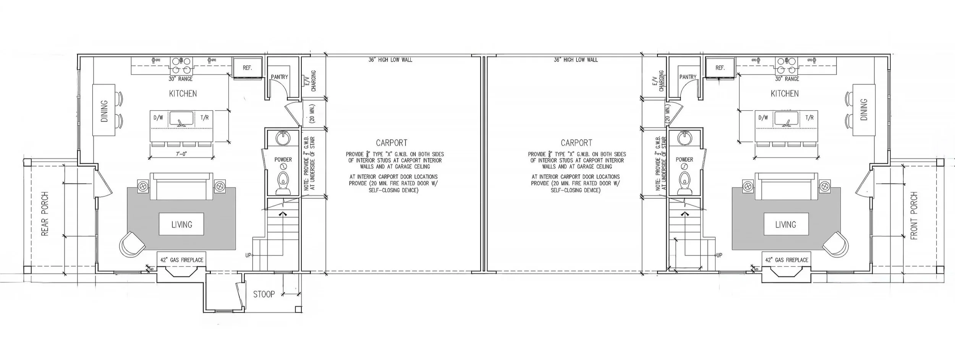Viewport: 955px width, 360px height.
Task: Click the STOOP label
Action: [264, 294]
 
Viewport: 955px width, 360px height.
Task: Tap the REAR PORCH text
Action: [45, 214]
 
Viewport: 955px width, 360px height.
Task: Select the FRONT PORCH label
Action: [914, 216]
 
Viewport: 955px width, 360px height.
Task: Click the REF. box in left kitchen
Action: [247, 68]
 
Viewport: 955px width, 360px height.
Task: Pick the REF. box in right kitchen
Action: [720, 68]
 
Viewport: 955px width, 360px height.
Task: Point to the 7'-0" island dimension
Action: [182, 154]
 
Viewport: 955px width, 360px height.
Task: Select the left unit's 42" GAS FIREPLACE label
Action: [182, 260]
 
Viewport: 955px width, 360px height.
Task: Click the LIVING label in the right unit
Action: [786, 224]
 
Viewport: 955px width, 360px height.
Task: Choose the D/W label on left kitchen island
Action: [158, 118]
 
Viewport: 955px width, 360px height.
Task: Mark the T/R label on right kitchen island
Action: [809, 118]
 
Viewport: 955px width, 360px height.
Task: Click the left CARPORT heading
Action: [392, 143]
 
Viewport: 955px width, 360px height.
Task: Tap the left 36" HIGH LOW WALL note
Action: [390, 60]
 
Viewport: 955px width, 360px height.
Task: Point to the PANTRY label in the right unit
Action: [688, 77]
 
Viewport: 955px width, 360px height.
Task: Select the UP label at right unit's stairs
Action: [719, 255]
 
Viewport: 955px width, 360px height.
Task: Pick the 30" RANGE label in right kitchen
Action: [787, 79]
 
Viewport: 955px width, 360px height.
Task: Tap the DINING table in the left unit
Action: [104, 110]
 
